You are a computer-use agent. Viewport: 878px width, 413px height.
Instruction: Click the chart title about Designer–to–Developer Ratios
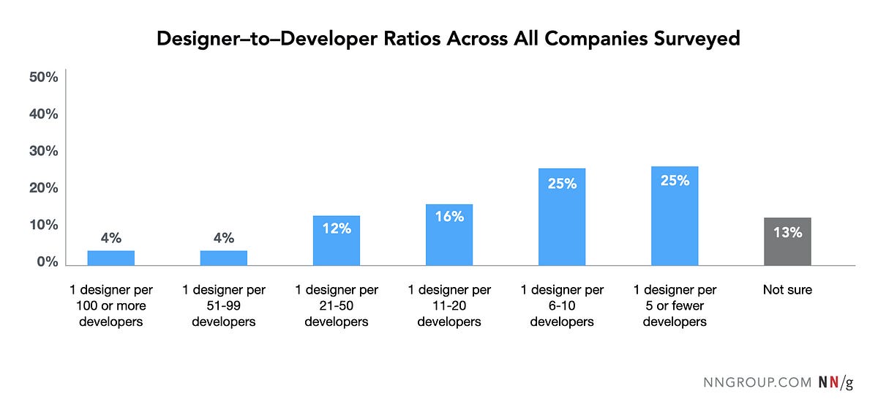click(x=448, y=39)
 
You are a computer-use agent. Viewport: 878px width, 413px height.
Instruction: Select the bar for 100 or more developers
click(x=110, y=258)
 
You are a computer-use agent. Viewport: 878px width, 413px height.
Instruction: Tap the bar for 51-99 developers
click(x=223, y=258)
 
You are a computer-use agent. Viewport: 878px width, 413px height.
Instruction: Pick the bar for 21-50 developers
click(x=336, y=241)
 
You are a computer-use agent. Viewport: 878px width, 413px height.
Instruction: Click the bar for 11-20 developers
click(x=449, y=235)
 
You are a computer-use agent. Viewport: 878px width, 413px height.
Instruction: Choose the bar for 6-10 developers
click(x=561, y=217)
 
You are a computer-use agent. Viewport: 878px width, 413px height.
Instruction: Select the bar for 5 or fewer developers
click(x=675, y=216)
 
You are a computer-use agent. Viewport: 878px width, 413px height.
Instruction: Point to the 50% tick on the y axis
click(x=43, y=78)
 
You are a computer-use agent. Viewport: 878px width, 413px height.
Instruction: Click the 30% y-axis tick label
click(x=43, y=152)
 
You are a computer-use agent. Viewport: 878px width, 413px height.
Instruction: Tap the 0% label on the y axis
click(x=47, y=262)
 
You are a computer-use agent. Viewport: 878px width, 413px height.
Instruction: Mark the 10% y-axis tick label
click(x=43, y=226)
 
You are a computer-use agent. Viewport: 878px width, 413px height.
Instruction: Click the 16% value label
click(x=449, y=217)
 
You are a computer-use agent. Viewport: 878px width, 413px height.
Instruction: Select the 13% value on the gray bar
click(x=787, y=233)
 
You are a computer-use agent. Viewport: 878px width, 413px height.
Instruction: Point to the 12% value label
click(x=336, y=228)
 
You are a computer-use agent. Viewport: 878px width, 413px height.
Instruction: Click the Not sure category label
click(x=787, y=290)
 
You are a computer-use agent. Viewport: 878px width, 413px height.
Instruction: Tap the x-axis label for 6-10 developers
click(x=561, y=306)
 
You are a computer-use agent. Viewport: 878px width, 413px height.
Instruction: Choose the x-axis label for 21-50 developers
click(x=336, y=306)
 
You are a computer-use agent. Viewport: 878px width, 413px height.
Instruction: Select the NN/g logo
click(x=835, y=383)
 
